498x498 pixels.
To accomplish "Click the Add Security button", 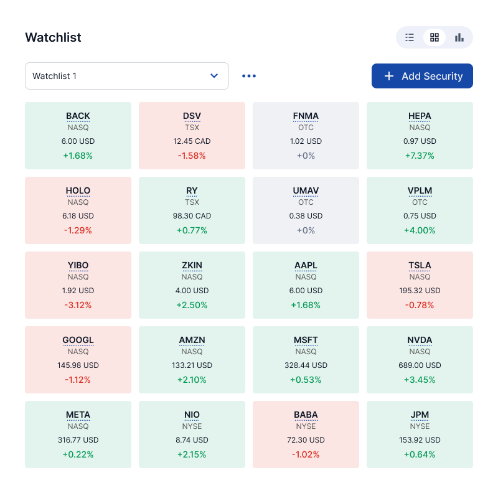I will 422,76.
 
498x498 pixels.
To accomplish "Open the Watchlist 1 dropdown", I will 127,76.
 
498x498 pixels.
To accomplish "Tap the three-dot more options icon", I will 249,76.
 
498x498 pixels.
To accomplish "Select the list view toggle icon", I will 410,37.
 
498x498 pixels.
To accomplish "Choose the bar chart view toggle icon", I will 459,37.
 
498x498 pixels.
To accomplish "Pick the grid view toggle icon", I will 435,37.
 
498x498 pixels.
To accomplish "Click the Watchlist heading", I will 53,37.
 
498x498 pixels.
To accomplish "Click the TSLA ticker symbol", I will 420,265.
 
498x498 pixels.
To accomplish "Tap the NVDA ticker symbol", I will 420,340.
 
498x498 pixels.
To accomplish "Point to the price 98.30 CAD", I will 192,216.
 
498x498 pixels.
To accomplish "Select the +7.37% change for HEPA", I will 420,156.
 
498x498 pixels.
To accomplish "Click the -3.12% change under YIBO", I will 78,305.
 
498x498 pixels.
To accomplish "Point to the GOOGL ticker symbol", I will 78,340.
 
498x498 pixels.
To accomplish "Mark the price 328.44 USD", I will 306,365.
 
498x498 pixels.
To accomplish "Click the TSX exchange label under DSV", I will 192,128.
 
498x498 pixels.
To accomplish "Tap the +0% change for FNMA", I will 306,156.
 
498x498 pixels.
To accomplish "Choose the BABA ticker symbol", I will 306,415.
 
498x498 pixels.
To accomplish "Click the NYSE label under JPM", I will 420,426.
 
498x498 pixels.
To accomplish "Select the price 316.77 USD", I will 78,440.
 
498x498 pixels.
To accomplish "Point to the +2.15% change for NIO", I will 192,454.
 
